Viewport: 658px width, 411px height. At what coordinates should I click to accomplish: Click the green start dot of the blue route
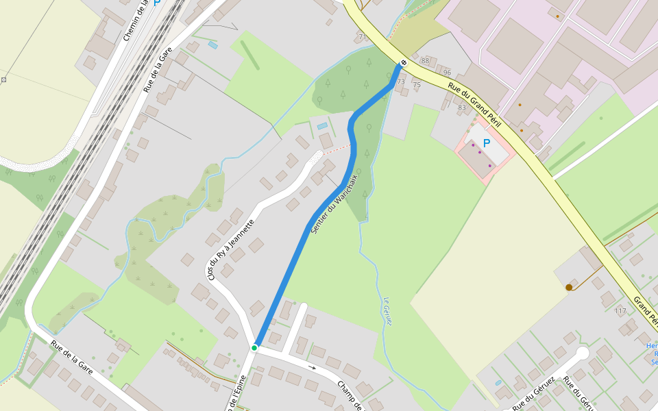tap(254, 348)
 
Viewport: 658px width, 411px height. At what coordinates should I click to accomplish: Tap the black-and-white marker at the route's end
tap(403, 63)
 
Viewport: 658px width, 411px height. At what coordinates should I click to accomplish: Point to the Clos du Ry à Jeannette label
tap(231, 249)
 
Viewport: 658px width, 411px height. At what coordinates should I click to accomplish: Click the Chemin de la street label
tap(136, 21)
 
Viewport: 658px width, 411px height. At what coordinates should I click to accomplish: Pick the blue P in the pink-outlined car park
tap(487, 143)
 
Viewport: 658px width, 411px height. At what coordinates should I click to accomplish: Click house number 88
tap(425, 62)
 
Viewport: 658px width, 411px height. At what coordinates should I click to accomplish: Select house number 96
tap(447, 73)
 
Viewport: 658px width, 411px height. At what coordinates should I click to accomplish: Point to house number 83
tap(461, 107)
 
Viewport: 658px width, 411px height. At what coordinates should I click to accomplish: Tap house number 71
tap(363, 37)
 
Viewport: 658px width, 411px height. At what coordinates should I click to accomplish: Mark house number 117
tap(620, 311)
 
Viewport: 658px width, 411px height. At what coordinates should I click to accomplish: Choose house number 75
tap(417, 85)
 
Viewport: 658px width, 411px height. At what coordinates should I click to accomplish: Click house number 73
tap(401, 82)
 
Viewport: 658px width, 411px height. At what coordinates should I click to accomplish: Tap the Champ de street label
tap(350, 395)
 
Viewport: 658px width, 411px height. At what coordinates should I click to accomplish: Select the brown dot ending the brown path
tap(569, 287)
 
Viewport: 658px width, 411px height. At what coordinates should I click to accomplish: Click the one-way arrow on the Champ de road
tap(313, 368)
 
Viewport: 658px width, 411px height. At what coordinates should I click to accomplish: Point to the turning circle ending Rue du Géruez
tap(583, 353)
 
